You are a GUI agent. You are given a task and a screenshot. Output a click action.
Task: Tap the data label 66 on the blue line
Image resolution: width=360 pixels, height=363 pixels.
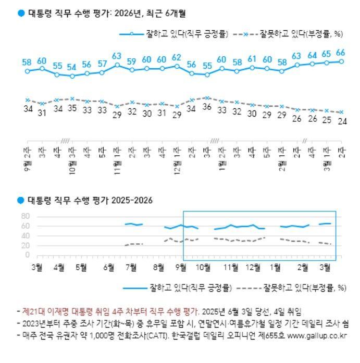[341, 52]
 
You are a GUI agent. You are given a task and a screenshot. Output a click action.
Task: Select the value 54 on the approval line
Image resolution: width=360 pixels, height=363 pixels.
[71, 67]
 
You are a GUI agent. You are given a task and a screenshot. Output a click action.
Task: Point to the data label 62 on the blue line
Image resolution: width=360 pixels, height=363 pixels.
[177, 57]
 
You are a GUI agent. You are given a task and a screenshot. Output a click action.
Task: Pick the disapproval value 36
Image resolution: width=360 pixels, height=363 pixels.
[207, 107]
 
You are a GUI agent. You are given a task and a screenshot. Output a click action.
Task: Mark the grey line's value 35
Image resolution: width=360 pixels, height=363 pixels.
[71, 108]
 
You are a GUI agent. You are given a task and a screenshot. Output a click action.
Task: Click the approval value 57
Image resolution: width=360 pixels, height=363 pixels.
[102, 64]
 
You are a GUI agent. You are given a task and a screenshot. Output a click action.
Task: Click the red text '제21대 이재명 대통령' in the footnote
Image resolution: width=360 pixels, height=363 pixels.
[55, 311]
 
